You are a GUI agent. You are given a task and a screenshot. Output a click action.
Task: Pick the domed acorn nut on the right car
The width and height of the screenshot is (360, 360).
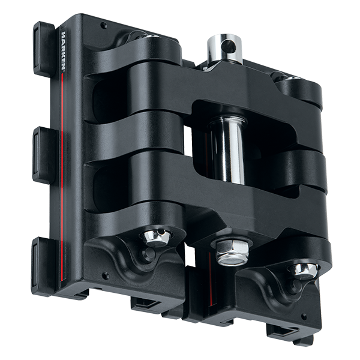304,271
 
